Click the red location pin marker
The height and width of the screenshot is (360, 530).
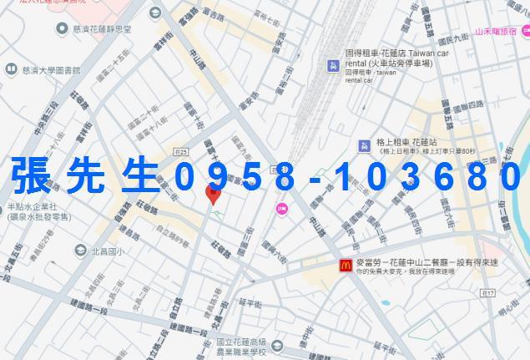click(213, 195)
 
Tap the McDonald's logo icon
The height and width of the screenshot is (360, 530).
click(345, 265)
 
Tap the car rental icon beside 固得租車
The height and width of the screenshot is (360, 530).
click(333, 65)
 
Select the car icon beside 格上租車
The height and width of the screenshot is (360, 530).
click(364, 146)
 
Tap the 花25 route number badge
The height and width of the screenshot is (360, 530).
click(182, 151)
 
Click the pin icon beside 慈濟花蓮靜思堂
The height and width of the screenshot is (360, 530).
click(62, 29)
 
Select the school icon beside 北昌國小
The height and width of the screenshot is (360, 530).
click(79, 251)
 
